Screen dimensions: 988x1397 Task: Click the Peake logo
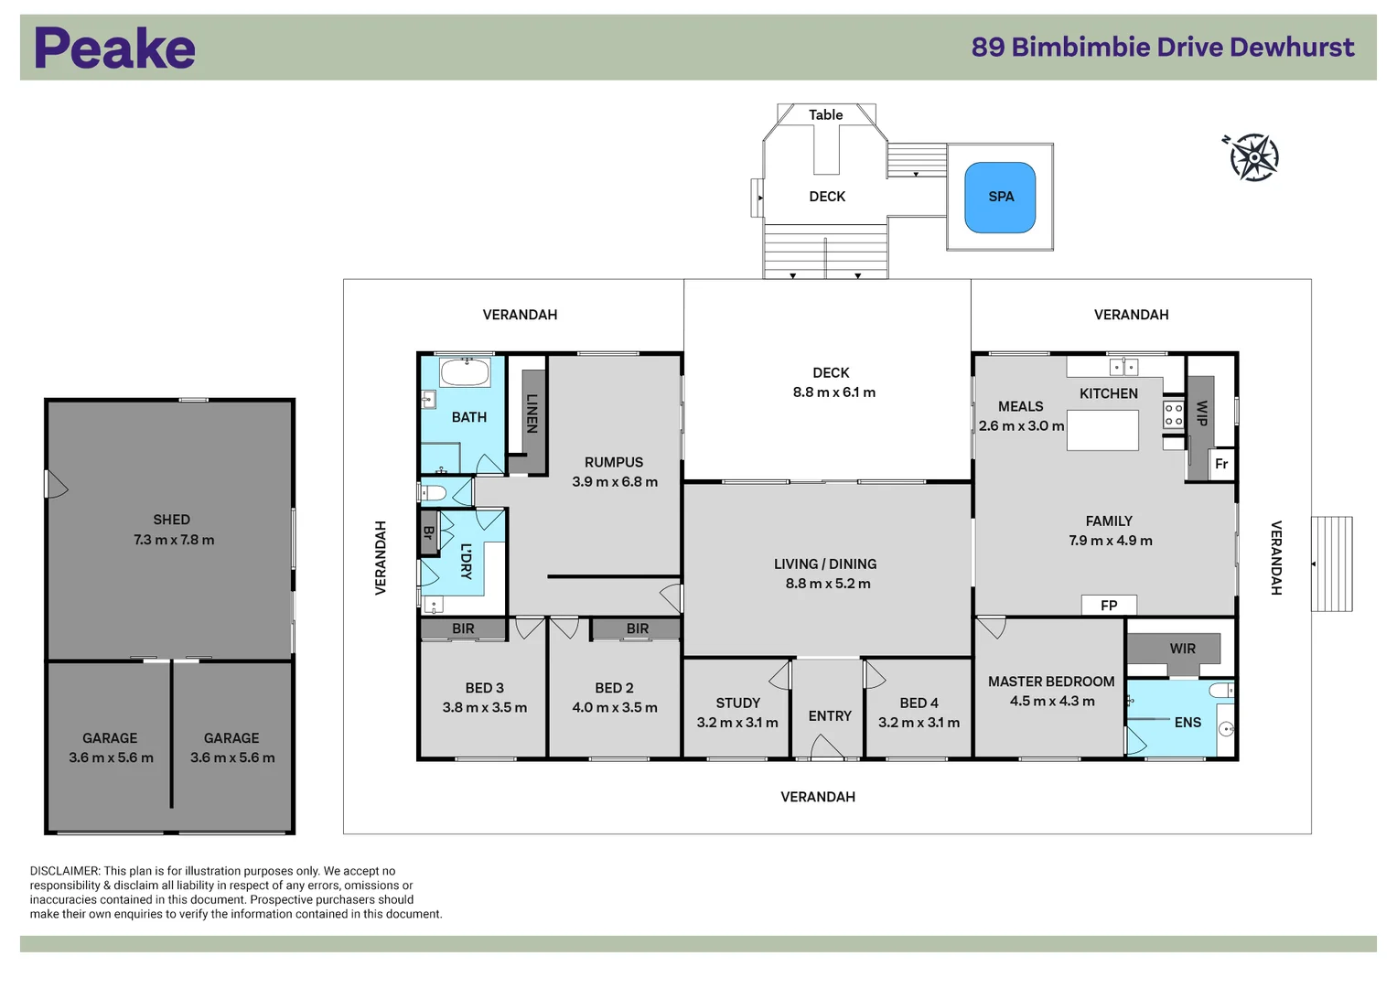[x=114, y=48]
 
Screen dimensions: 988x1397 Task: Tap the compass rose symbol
[x=1254, y=157]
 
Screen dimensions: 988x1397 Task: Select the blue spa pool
[x=1000, y=197]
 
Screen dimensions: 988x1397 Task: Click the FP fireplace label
[x=1109, y=606]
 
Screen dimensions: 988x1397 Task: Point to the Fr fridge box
[x=1221, y=464]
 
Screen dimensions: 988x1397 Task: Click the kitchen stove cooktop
[x=1174, y=414]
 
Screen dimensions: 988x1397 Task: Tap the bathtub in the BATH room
[x=466, y=372]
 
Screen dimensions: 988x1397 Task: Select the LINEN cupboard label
[x=532, y=413]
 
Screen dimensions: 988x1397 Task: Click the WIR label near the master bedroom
[x=1182, y=649]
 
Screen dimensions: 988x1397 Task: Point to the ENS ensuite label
[x=1187, y=723]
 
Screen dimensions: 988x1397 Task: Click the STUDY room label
[x=737, y=703]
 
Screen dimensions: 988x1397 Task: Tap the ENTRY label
[x=830, y=716]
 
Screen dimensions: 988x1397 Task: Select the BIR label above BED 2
[x=638, y=629]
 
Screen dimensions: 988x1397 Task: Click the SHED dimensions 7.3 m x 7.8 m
[x=174, y=541]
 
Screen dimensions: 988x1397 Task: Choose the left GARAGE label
[x=110, y=738]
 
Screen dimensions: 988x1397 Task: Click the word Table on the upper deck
[x=825, y=115]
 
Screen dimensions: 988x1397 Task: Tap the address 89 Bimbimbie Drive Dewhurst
[x=1162, y=48]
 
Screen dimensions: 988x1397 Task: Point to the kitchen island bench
[x=1102, y=430]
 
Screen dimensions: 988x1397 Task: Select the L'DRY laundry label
[x=466, y=562]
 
